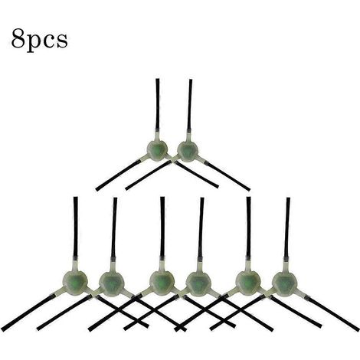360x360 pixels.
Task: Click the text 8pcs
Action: pyautogui.click(x=39, y=39)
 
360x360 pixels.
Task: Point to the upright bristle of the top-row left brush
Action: pyautogui.click(x=158, y=104)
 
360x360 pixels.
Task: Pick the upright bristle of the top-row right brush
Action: pyautogui.click(x=189, y=105)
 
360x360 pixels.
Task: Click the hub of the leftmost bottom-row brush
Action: pyautogui.click(x=75, y=283)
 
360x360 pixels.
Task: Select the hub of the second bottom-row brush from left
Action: pyautogui.click(x=111, y=284)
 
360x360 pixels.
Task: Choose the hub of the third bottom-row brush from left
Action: pyautogui.click(x=162, y=283)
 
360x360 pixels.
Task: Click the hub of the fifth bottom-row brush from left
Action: pyautogui.click(x=248, y=283)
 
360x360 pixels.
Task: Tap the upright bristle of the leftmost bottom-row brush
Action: pyautogui.click(x=76, y=227)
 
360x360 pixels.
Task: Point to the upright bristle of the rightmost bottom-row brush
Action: pyautogui.click(x=287, y=227)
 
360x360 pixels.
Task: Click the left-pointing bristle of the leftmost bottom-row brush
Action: pyautogui.click(x=28, y=313)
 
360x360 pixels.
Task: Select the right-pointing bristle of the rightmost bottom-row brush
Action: pyautogui.click(x=332, y=314)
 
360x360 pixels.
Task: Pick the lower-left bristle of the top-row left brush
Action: pyautogui.click(x=118, y=175)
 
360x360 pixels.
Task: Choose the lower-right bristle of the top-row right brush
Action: pyautogui.click(x=228, y=177)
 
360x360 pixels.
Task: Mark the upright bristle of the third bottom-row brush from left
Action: pyautogui.click(x=162, y=227)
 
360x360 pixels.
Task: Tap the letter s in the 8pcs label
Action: pyautogui.click(x=62, y=41)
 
